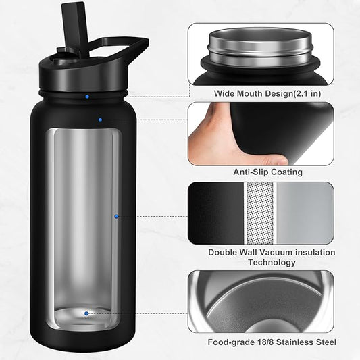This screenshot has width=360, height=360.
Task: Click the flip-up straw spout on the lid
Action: [x=68, y=20]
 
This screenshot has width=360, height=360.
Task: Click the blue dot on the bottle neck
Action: [x=87, y=97]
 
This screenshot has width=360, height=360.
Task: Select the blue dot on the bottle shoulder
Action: [x=100, y=120]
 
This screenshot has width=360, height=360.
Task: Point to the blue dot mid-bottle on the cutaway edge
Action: [x=116, y=216]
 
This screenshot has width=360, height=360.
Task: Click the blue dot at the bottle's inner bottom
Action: [x=86, y=313]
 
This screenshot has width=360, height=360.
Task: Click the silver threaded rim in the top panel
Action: [x=260, y=46]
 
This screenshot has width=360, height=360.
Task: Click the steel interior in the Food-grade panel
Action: [x=260, y=301]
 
